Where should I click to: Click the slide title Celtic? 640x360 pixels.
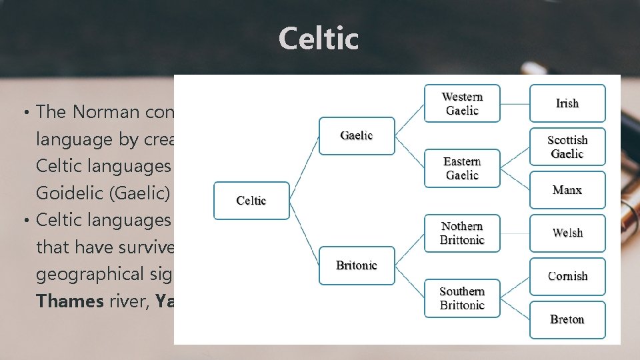click(x=319, y=39)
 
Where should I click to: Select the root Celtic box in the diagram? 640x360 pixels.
click(x=251, y=201)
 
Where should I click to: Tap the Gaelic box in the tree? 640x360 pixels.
click(x=357, y=136)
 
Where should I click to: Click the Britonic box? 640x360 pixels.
click(x=357, y=265)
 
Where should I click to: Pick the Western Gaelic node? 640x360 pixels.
click(x=462, y=103)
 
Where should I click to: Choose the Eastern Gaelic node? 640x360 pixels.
click(x=462, y=168)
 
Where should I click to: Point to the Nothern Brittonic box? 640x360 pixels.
click(x=462, y=233)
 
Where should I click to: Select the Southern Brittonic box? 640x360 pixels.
click(x=462, y=298)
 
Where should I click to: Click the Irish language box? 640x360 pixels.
click(x=567, y=103)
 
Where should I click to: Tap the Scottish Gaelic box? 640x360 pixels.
click(x=567, y=147)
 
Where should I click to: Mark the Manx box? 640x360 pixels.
click(x=567, y=190)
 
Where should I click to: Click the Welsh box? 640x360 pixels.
click(x=567, y=233)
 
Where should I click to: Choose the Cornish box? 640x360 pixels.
click(x=567, y=276)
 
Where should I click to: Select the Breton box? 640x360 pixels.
click(x=567, y=319)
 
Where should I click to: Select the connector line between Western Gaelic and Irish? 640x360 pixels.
click(x=515, y=104)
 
